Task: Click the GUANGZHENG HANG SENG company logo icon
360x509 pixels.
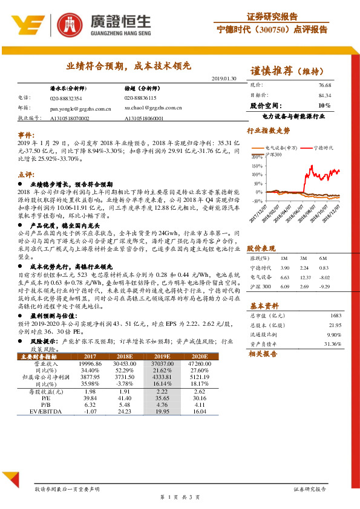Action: click(x=68, y=24)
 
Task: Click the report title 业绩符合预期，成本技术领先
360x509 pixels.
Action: click(x=129, y=65)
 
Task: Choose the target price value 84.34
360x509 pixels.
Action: click(x=325, y=96)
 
